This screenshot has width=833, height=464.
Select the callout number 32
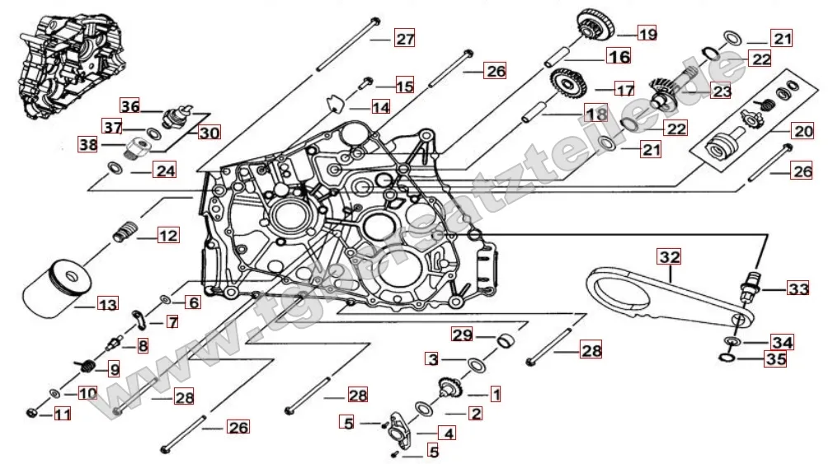(x=670, y=257)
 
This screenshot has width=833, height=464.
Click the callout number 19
(x=647, y=34)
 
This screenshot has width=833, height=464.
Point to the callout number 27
(x=404, y=39)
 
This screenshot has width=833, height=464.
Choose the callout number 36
(x=130, y=106)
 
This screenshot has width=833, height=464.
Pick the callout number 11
(x=63, y=415)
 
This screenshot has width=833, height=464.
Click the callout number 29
(x=462, y=335)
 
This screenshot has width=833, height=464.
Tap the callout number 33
(x=798, y=288)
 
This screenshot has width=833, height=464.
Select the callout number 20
(x=802, y=131)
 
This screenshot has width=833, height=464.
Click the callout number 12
(x=167, y=236)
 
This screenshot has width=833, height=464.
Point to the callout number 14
(x=380, y=107)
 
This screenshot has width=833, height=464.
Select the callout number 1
(x=496, y=394)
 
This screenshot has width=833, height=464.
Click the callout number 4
(x=449, y=432)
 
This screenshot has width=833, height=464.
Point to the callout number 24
(x=166, y=171)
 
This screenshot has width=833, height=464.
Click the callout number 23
(x=722, y=91)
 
